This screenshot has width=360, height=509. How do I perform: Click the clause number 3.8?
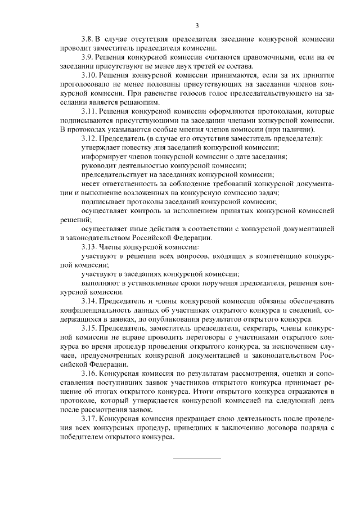pos(87,39)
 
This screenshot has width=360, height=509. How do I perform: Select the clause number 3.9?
pos(87,58)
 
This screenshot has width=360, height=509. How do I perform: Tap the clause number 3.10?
pos(89,75)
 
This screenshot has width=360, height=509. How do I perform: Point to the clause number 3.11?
pos(89,111)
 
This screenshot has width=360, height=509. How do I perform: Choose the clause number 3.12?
pos(89,138)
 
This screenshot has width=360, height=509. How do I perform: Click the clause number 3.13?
pos(89,246)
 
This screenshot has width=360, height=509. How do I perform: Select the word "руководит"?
pos(98,165)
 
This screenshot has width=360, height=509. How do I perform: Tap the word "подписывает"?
pos(102,201)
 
